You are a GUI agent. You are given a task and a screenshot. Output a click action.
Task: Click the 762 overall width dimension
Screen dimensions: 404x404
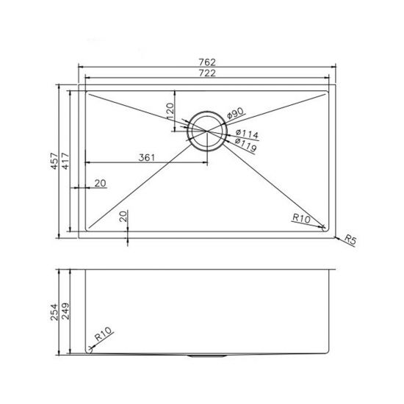[206, 61]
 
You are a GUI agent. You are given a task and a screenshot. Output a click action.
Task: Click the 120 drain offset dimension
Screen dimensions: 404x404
[170, 112]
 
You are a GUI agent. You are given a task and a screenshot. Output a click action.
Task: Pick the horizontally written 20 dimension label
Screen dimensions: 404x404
[100, 182]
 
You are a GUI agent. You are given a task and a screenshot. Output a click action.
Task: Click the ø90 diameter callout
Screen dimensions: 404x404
[234, 114]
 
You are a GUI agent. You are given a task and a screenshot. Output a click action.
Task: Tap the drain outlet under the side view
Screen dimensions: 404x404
[206, 356]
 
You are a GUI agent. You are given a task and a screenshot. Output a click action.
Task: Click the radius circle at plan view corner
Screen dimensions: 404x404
[325, 227]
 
